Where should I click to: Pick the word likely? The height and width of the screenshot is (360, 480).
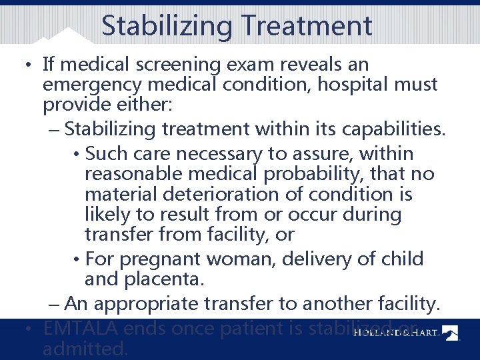[112, 215]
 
